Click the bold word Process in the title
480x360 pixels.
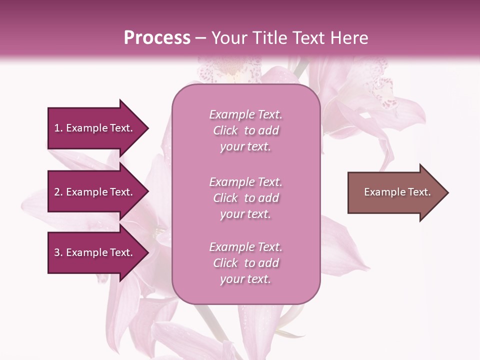click(x=157, y=38)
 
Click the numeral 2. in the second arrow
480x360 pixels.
click(x=58, y=192)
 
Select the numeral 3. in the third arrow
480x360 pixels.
click(x=58, y=252)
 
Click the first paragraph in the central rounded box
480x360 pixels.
click(x=246, y=130)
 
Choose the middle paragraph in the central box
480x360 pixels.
click(x=246, y=198)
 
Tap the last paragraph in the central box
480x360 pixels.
click(x=246, y=263)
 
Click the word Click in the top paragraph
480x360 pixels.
click(x=225, y=130)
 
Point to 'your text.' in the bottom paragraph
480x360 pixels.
click(x=245, y=279)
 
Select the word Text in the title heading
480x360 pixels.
click(x=307, y=38)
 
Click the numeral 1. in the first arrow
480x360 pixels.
click(x=58, y=128)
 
